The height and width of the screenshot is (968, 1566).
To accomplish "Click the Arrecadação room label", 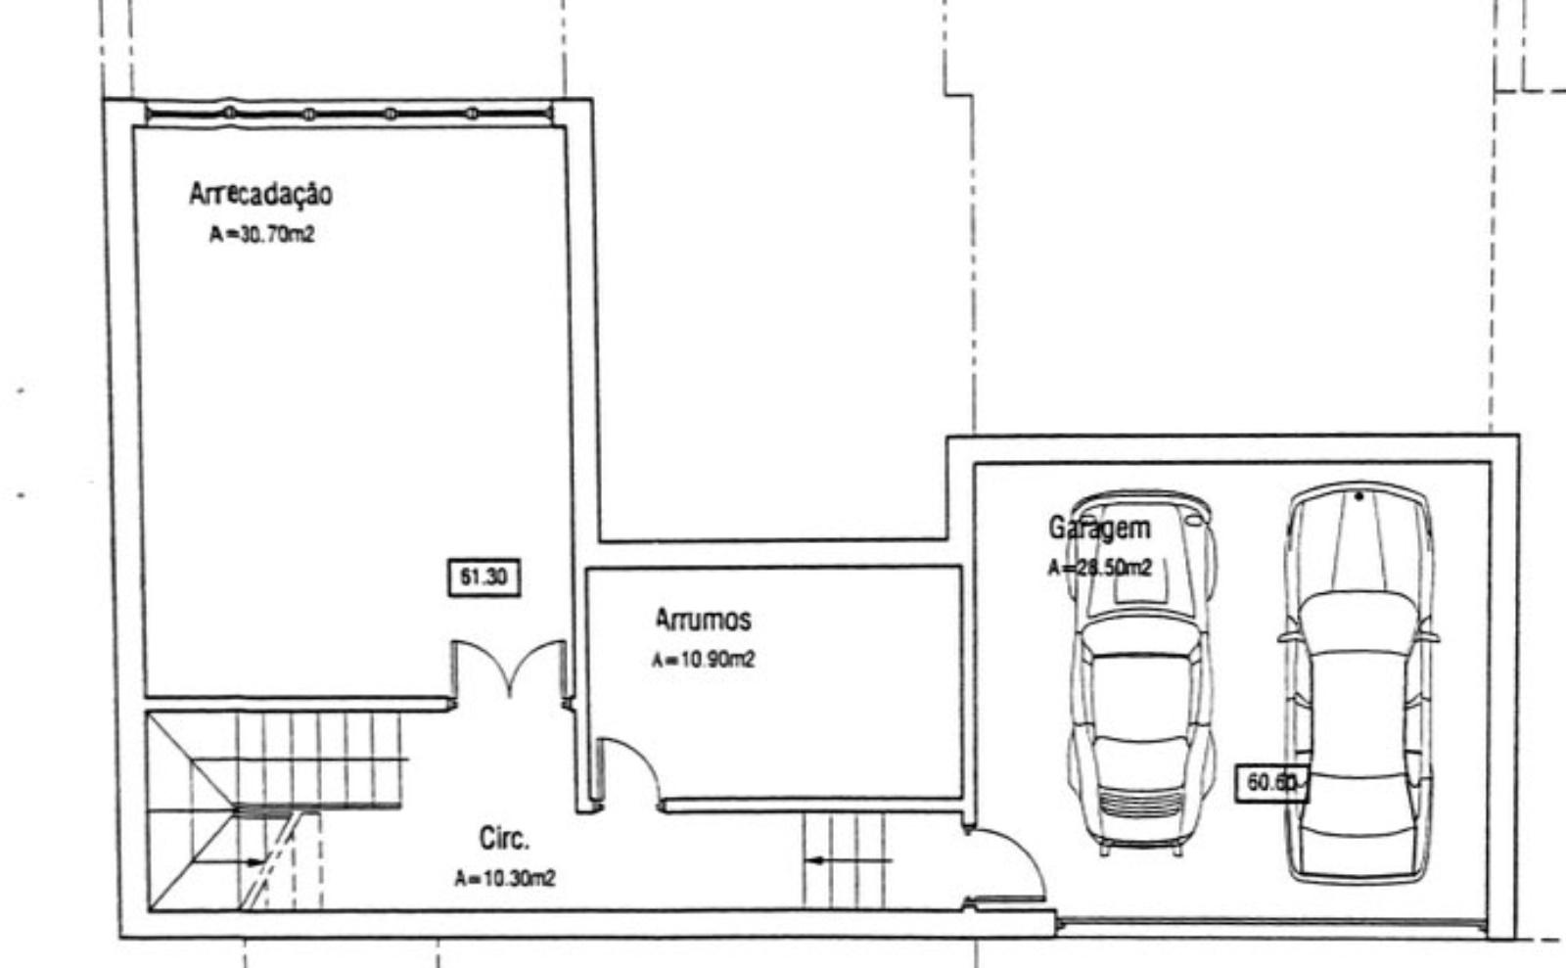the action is (260, 195).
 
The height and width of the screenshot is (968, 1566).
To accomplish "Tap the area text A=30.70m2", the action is (262, 234).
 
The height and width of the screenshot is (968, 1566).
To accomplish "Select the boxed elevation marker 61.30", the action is (484, 577).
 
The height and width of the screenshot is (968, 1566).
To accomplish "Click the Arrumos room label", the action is (704, 620).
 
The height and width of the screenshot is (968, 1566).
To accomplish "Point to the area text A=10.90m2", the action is (704, 659).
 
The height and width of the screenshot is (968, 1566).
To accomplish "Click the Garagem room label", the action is (1099, 529).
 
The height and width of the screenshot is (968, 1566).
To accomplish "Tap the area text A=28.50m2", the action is (1099, 568).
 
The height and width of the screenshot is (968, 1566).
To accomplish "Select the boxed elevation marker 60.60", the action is (1272, 783).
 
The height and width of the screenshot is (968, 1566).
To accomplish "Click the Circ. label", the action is (504, 838).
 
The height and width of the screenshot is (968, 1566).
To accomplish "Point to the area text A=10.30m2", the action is (505, 878).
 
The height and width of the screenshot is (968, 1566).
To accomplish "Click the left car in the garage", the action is (1141, 672).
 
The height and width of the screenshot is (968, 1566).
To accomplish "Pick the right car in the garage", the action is (1359, 682).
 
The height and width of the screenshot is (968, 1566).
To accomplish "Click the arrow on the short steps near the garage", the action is (848, 860).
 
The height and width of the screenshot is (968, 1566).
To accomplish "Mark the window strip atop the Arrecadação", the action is (349, 114).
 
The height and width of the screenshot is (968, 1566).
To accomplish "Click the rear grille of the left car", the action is (1141, 803).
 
